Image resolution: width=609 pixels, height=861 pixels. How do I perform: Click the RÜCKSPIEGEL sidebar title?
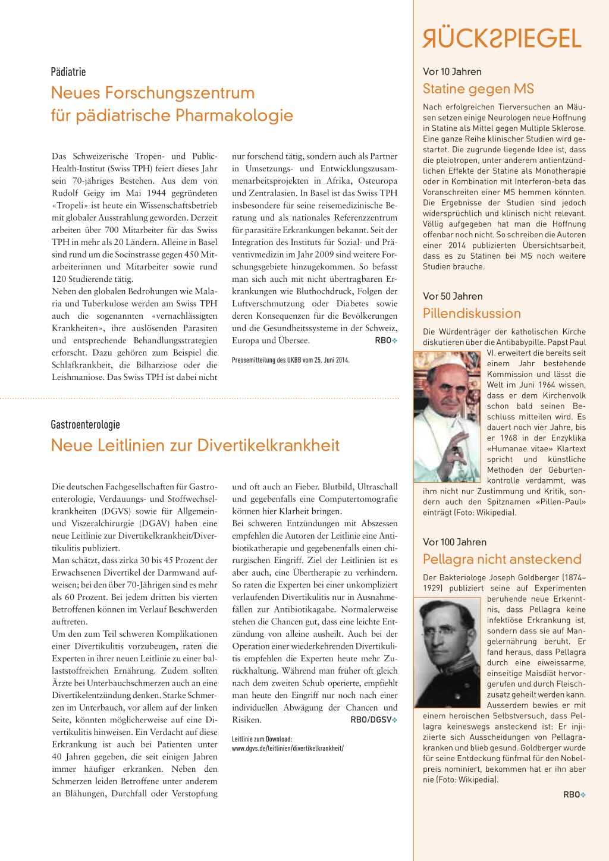click(502, 39)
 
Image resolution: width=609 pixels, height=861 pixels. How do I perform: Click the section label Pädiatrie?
click(68, 72)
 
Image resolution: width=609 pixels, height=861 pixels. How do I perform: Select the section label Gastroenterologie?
click(85, 425)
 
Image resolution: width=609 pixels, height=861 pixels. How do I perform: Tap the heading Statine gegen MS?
click(478, 89)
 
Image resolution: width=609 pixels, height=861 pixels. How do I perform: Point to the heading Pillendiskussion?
click(472, 313)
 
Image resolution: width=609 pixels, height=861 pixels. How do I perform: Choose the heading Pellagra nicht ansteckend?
click(502, 560)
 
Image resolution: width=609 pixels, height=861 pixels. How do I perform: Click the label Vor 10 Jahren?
click(452, 71)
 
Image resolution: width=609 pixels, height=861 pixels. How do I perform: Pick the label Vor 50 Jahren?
click(453, 296)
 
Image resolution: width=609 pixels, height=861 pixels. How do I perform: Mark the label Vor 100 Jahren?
click(454, 542)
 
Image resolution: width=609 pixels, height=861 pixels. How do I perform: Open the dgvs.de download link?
click(287, 748)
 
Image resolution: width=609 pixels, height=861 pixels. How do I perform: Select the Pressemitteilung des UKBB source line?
click(290, 360)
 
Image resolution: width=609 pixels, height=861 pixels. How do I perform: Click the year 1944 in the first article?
click(156, 193)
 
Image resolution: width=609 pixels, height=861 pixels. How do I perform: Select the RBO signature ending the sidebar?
click(572, 795)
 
